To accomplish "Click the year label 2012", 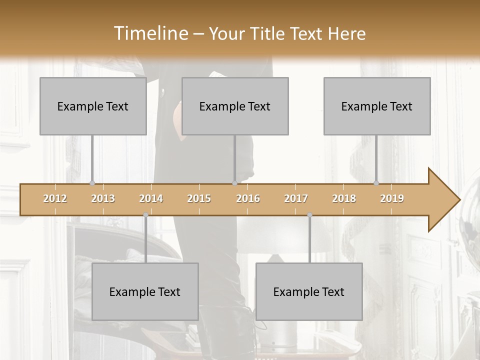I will [x=55, y=198].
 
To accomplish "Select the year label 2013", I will [x=103, y=198].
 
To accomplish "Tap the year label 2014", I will [x=151, y=198].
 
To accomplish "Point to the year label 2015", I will [x=199, y=198].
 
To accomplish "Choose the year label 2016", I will [x=248, y=198].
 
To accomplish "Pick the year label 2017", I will [x=296, y=198].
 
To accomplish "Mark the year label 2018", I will [x=344, y=198].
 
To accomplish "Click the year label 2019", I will [x=392, y=198].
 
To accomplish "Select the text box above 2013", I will [x=93, y=106].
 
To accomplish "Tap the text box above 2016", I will [x=235, y=106].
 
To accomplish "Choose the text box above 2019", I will [x=377, y=106].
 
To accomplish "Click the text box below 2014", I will [x=145, y=291].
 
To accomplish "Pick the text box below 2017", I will [x=309, y=291].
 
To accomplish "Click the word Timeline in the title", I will [x=150, y=33].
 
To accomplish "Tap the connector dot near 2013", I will [x=92, y=183].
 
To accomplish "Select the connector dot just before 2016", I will [x=234, y=183].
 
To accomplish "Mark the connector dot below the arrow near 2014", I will [x=145, y=215].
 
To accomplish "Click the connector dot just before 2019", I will [x=376, y=183].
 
